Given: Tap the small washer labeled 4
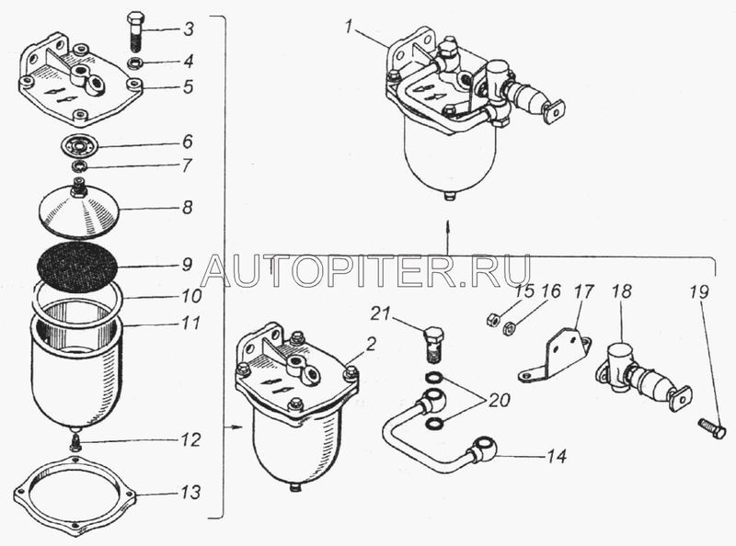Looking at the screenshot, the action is click(x=134, y=61).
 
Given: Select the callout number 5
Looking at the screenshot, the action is click(x=188, y=85).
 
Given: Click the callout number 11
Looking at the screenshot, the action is click(x=190, y=323).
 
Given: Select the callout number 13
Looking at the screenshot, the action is click(x=191, y=492).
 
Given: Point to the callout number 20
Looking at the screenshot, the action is click(x=499, y=400).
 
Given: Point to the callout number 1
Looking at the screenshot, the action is click(x=349, y=28).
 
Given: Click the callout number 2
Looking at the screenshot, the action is click(x=371, y=345).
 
